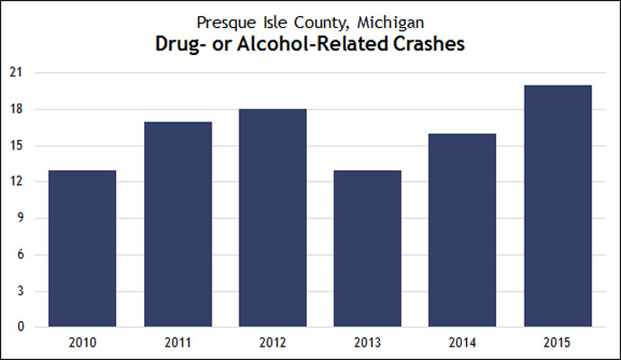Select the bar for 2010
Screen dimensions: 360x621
click(83, 248)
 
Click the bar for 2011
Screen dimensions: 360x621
click(177, 224)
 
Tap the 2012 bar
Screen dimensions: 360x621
click(273, 218)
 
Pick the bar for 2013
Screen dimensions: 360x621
click(367, 248)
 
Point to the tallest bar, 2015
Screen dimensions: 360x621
click(558, 206)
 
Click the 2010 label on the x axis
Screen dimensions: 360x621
click(83, 342)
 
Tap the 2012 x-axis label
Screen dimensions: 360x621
click(273, 342)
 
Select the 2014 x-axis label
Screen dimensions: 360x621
click(463, 342)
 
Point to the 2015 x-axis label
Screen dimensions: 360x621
click(558, 342)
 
